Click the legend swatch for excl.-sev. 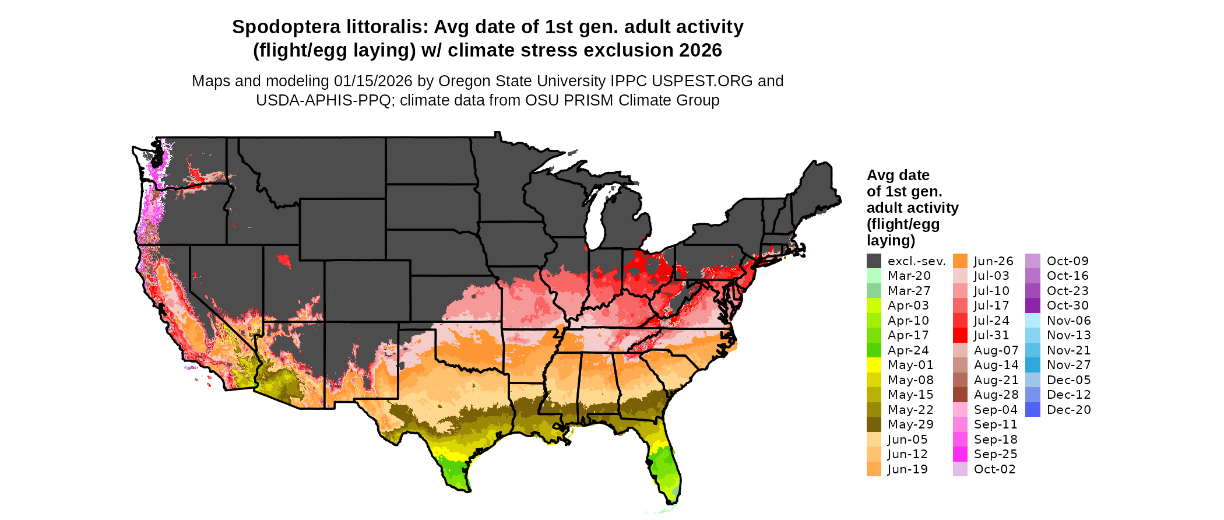coord(874,261)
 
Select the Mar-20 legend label coord(909,276)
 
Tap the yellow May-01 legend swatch coord(874,365)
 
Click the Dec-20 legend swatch coord(1032,410)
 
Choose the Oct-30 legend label coord(1067,305)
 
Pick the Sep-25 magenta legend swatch coord(960,454)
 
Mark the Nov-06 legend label coord(1068,321)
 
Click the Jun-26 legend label coord(993,261)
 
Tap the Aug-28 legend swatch coord(960,395)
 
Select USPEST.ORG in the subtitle coord(704,81)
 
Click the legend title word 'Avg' coord(881,175)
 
